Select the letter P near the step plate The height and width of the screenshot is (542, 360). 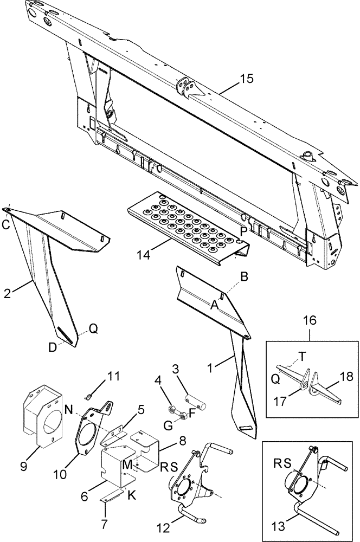[244, 230]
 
